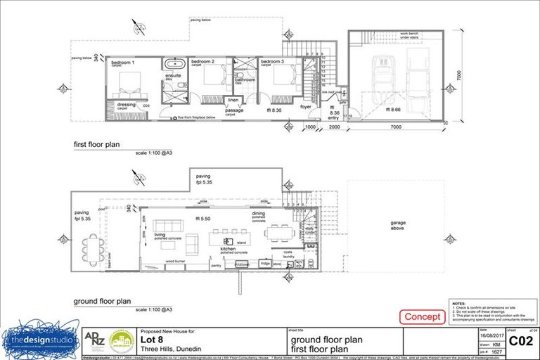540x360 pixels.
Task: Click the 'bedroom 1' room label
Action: [123, 62]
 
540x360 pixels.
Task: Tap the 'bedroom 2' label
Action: [202, 62]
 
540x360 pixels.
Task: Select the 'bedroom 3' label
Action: [272, 62]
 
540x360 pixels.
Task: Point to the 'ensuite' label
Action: [173, 75]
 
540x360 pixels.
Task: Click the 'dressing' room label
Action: [127, 105]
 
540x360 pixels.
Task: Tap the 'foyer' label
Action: [305, 107]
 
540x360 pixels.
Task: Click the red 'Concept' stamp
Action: [422, 317]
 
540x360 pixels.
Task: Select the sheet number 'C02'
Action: [520, 342]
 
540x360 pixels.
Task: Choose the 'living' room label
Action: [160, 235]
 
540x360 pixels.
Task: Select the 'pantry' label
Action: [216, 266]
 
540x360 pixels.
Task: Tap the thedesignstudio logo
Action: [39, 340]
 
